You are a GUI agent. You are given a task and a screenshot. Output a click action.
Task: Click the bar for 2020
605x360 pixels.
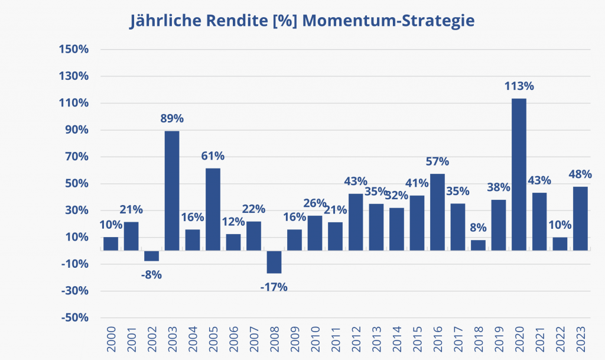coord(519,174)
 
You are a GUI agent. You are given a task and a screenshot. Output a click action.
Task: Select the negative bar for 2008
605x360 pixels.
coord(274,262)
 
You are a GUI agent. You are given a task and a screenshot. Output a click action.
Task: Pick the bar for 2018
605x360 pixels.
coord(478,245)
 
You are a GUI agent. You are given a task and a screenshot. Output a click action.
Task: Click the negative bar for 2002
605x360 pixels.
coord(151,255)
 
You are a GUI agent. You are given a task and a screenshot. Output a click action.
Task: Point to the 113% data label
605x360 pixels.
coord(519,86)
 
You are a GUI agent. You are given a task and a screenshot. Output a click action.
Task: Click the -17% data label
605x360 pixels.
coord(274,287)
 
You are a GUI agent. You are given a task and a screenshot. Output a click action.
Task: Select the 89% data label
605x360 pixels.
coord(172,118)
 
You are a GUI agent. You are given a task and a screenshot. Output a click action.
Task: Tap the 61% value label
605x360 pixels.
coord(213,156)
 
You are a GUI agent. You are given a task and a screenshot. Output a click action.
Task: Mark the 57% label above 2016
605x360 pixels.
coord(437,161)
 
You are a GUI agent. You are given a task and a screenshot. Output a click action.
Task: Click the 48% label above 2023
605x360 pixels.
coord(580,175)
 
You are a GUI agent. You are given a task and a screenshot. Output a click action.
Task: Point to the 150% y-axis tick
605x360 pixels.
coord(73,50)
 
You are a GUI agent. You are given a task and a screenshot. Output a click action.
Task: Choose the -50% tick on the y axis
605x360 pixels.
coord(73,318)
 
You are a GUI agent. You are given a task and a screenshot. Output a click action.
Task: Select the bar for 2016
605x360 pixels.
coord(437,212)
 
